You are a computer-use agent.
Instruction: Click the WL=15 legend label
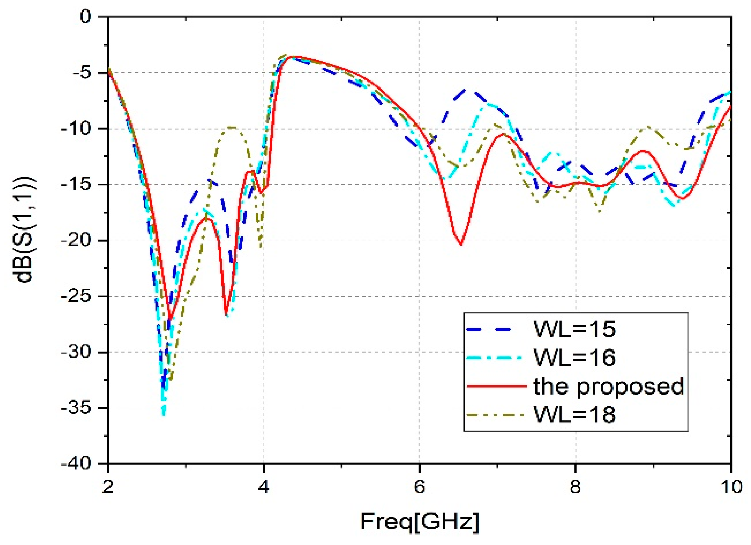click(x=574, y=329)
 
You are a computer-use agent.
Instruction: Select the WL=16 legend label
click(x=574, y=358)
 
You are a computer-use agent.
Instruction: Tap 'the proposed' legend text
click(x=608, y=387)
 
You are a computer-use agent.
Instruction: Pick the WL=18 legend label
click(x=574, y=415)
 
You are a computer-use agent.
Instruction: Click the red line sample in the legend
click(x=497, y=386)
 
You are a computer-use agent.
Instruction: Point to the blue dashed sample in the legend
click(x=490, y=329)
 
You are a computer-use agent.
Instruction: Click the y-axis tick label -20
click(x=76, y=241)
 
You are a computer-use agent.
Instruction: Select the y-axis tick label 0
click(x=85, y=16)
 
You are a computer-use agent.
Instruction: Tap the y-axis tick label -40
click(x=76, y=464)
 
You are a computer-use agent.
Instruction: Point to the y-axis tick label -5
click(x=81, y=73)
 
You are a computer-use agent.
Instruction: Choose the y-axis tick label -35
click(x=76, y=408)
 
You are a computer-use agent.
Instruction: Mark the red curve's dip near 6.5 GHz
click(x=461, y=244)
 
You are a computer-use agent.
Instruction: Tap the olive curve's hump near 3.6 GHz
click(x=232, y=127)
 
